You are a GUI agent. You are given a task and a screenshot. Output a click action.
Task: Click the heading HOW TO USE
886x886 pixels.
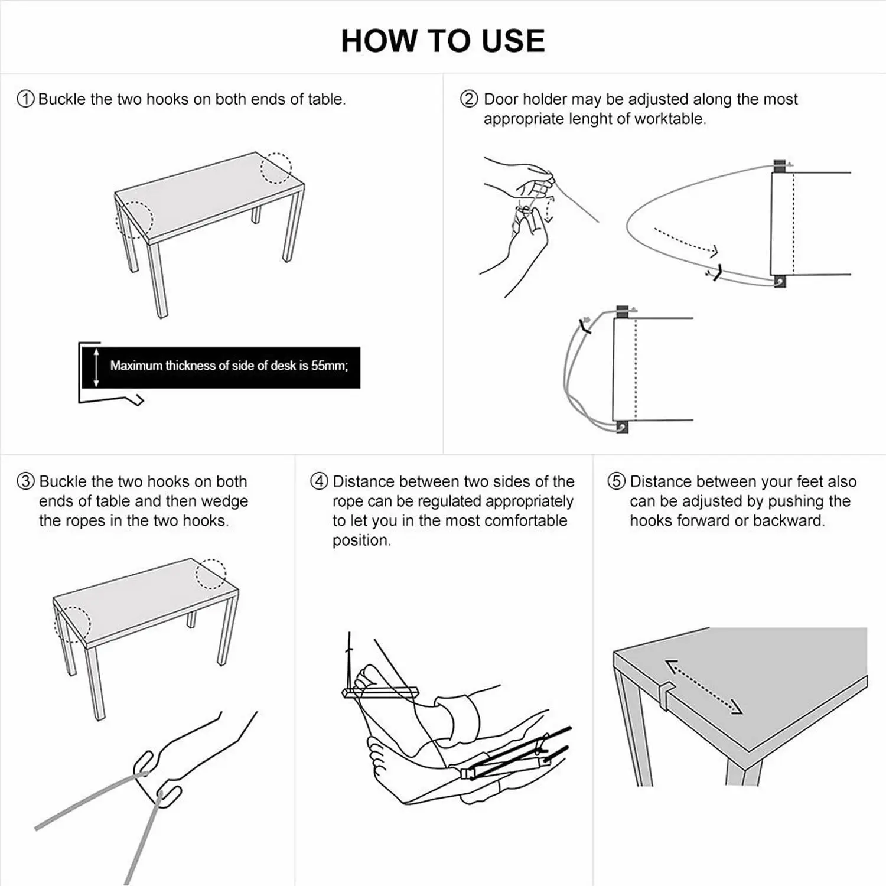coord(442,41)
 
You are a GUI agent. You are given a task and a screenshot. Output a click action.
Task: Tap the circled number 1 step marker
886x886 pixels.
coord(25,99)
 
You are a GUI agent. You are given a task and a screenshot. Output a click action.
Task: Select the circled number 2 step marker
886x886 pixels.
coord(469,99)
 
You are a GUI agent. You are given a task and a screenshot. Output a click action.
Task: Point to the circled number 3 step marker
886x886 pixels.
coord(25,481)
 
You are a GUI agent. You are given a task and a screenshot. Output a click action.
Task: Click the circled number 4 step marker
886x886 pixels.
coord(319,481)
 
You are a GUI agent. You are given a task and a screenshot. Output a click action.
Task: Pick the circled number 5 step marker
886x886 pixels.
coord(616,481)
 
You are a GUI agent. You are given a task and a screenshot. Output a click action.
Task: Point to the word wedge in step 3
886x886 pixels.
coord(224,501)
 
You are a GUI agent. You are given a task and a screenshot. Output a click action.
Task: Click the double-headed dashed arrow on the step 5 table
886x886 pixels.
coord(703,687)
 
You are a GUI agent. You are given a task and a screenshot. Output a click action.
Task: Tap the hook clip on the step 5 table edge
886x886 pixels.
coord(666,691)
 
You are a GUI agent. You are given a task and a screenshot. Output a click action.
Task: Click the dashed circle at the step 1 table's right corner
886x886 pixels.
coord(276,168)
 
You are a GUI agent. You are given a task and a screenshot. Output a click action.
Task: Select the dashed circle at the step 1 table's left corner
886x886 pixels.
coord(135,220)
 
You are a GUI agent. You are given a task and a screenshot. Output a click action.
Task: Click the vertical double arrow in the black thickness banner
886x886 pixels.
coord(97,367)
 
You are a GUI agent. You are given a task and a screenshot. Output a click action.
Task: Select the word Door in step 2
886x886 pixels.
coord(501,99)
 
